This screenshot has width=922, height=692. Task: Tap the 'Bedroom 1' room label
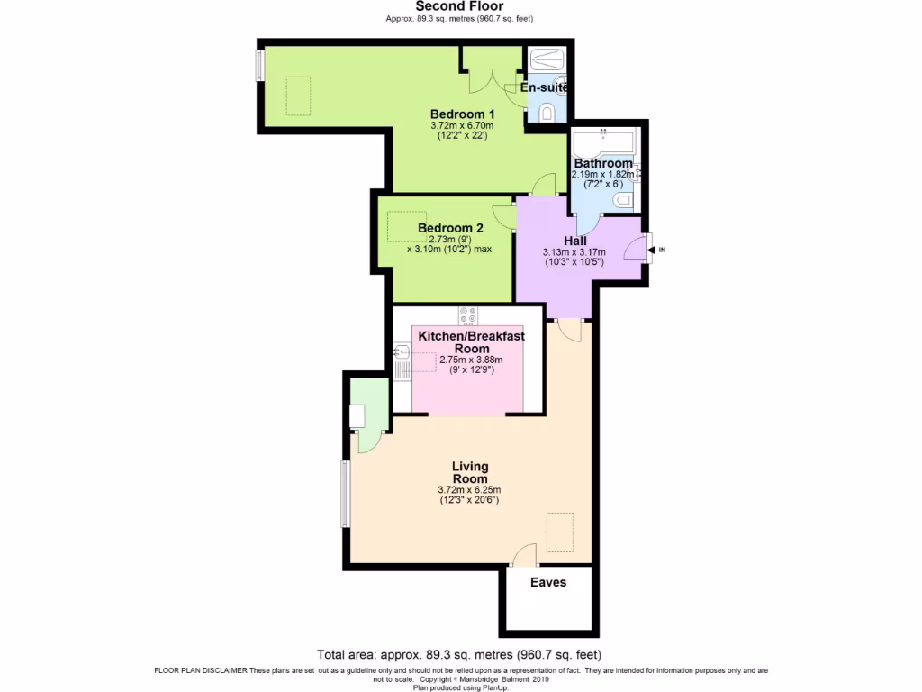pyautogui.click(x=462, y=114)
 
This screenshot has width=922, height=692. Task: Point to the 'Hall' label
pyautogui.click(x=574, y=241)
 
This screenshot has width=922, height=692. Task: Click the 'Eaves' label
pyautogui.click(x=547, y=582)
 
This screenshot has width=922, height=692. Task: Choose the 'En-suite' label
pyautogui.click(x=545, y=87)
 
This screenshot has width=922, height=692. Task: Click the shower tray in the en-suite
pyautogui.click(x=547, y=59)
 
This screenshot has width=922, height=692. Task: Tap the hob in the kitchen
pyautogui.click(x=468, y=315)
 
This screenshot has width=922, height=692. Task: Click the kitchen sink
pyautogui.click(x=402, y=366)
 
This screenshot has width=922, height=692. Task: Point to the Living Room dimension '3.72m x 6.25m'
pyautogui.click(x=468, y=490)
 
